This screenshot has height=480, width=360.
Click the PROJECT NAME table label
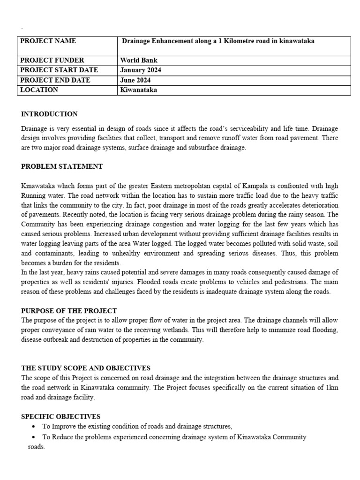tap(48, 41)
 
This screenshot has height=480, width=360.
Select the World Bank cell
tap(139, 60)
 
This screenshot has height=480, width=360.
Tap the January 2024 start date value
tap(141, 70)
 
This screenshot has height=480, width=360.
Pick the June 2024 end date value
tap(135, 80)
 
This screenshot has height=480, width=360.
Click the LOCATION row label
tap(39, 90)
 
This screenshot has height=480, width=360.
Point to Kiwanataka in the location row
tap(139, 90)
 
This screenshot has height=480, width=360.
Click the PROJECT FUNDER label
tap(52, 60)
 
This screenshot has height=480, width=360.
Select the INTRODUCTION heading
tap(49, 114)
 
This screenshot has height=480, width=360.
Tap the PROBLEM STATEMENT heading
tap(62, 166)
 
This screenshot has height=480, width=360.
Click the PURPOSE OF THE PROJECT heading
tap(69, 311)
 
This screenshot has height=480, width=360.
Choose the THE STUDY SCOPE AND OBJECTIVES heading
tap(86, 368)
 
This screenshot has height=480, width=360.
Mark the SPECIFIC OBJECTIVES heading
tap(60, 416)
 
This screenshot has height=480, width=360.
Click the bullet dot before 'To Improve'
tap(33, 427)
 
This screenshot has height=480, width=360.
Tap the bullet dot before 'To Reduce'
tap(33, 437)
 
